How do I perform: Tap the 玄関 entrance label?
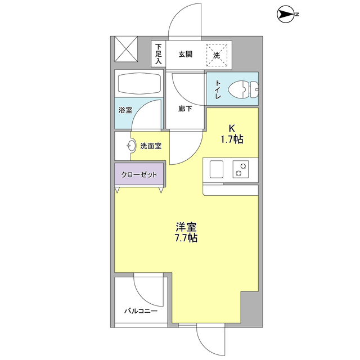[x=186, y=55]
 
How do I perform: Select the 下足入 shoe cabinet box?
[x=158, y=54]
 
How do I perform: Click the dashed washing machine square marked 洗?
[x=218, y=55]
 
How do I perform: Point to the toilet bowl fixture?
[x=245, y=88]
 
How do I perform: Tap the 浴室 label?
[x=125, y=110]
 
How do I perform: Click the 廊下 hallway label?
[x=185, y=109]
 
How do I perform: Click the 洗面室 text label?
[x=151, y=146]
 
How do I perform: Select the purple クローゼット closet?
[x=139, y=174]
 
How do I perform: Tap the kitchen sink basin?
[x=216, y=169]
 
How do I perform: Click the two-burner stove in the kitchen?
[x=241, y=169]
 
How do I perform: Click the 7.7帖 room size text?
[x=186, y=238]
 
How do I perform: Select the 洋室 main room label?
[x=186, y=227]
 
